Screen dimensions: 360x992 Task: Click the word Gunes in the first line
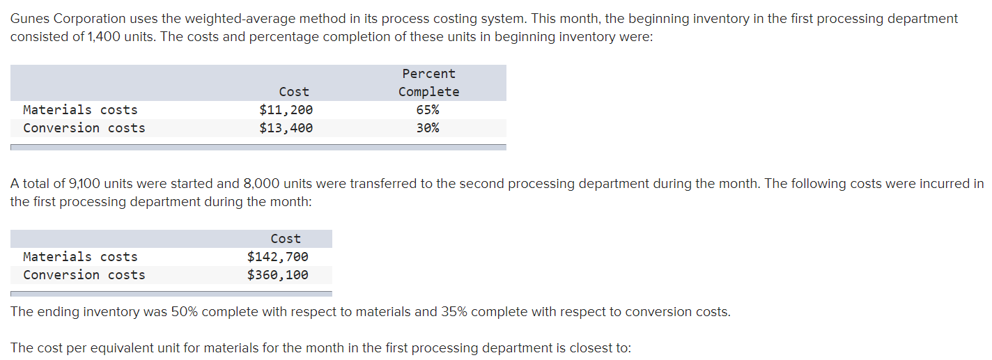point(30,19)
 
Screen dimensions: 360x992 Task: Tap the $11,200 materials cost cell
point(286,110)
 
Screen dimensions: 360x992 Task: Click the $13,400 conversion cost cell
point(286,128)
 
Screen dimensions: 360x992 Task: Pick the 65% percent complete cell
point(428,110)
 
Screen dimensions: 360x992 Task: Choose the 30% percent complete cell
point(428,128)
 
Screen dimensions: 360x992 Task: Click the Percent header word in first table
point(428,74)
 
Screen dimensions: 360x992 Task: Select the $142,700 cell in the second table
point(277,257)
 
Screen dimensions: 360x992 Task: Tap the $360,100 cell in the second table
point(277,275)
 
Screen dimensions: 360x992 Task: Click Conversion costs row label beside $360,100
point(84,275)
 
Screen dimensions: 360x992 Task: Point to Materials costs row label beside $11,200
point(80,110)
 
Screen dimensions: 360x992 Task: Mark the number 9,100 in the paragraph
point(84,184)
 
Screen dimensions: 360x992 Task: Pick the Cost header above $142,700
point(286,239)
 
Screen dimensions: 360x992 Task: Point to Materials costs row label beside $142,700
point(80,257)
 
